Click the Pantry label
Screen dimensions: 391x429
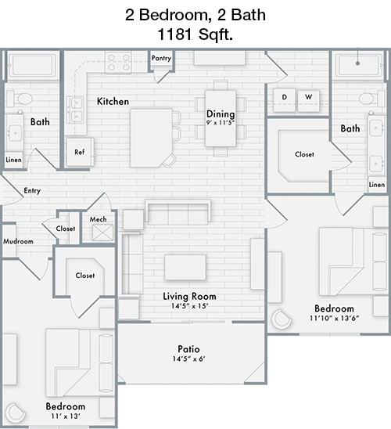tap(161, 58)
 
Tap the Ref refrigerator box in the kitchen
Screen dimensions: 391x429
tap(80, 152)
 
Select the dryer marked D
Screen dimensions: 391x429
tap(285, 100)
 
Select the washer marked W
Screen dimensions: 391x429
tap(308, 100)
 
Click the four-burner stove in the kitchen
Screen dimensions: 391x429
tap(118, 63)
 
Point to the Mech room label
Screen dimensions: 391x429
tap(98, 219)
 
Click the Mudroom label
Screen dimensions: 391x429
tap(18, 241)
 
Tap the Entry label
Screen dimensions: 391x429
tap(32, 190)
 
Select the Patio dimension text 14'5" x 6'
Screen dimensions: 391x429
tap(188, 359)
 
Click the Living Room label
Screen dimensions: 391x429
tap(189, 296)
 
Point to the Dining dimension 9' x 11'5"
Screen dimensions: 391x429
tap(221, 123)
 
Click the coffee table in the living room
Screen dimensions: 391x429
tap(185, 267)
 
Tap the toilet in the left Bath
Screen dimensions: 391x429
tap(20, 99)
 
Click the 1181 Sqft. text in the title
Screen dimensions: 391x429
tap(195, 34)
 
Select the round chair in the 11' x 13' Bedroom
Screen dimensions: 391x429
tap(16, 413)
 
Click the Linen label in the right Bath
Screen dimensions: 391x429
tap(377, 185)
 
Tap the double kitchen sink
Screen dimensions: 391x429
tap(76, 110)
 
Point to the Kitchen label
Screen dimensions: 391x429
tap(113, 102)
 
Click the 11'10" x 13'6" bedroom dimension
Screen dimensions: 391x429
tap(334, 318)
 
